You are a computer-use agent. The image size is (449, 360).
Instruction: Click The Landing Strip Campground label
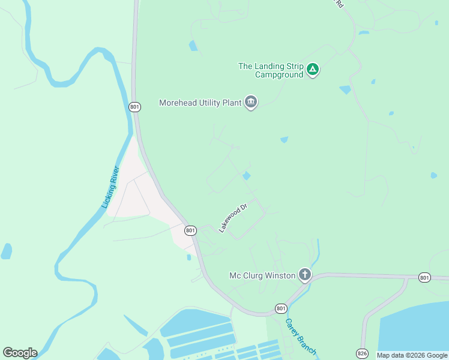(x=271, y=70)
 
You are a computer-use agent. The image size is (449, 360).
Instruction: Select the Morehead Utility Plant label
(x=200, y=103)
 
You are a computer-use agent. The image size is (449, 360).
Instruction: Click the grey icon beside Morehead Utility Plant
(x=251, y=103)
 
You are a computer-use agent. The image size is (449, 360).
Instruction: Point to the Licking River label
(x=111, y=187)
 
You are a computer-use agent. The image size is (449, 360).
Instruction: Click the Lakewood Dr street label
(x=234, y=218)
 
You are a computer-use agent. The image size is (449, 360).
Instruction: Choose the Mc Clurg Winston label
(x=262, y=275)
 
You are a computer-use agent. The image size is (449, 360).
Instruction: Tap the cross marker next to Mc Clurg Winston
(x=305, y=275)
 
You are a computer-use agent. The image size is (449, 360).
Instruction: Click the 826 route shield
(x=362, y=353)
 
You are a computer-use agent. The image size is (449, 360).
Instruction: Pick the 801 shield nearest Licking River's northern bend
(x=134, y=107)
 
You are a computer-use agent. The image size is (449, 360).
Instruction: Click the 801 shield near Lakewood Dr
(x=190, y=230)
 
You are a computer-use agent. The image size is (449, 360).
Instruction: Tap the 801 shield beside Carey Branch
(x=281, y=308)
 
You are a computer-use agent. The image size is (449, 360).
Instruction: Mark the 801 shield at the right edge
(x=425, y=277)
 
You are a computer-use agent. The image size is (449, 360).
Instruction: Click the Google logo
(x=20, y=353)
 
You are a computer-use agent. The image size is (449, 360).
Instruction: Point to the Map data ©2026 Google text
(x=412, y=355)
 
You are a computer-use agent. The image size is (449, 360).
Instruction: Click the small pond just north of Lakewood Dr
(x=246, y=176)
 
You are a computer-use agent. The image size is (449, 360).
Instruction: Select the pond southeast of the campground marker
(x=345, y=90)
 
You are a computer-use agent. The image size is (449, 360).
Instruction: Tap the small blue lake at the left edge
(x=6, y=251)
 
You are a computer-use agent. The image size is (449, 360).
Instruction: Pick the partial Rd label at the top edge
(x=339, y=4)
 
